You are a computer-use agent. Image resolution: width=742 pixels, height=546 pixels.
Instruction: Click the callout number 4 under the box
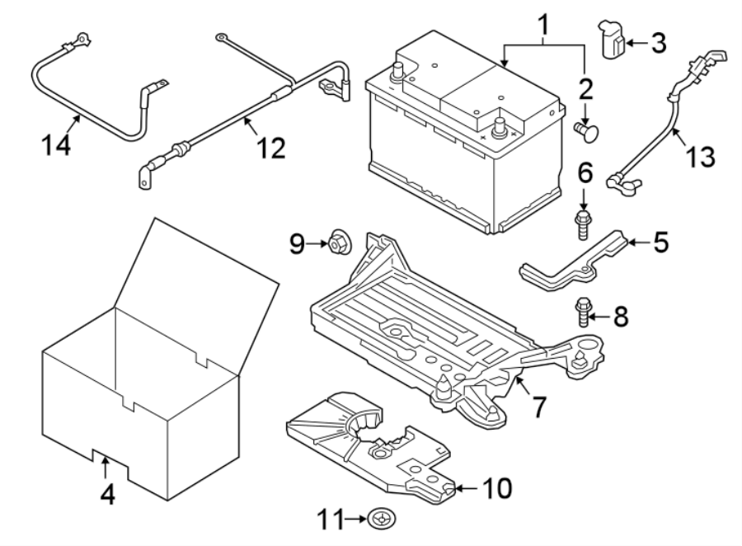click(x=108, y=496)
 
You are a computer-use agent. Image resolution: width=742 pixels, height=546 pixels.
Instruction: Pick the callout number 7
click(x=537, y=407)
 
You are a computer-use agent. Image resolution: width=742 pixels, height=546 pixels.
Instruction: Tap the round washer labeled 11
click(x=382, y=519)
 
